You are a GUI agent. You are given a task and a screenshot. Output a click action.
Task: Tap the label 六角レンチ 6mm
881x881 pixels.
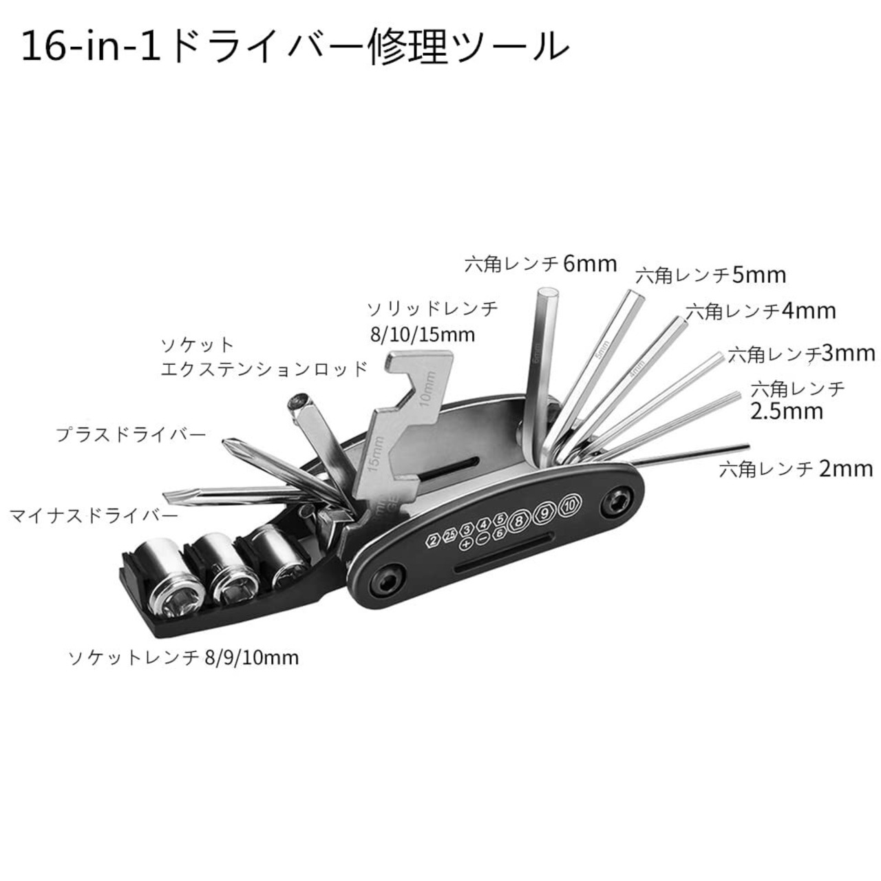point(541,264)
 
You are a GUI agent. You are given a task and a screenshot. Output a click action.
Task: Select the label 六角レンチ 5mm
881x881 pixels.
point(710,276)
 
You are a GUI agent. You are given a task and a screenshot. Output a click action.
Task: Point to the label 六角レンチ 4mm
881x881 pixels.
point(761,311)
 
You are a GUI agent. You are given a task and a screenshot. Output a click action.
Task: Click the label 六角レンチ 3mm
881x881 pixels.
point(801,354)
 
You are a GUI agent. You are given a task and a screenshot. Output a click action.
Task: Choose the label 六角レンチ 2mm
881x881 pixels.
point(796,469)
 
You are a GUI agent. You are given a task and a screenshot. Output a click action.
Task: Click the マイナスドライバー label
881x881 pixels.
point(94,516)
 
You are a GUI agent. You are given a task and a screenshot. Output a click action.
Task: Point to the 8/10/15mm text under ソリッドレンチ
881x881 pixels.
point(422,335)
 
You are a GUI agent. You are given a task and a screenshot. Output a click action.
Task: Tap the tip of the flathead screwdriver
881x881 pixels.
point(167,495)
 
